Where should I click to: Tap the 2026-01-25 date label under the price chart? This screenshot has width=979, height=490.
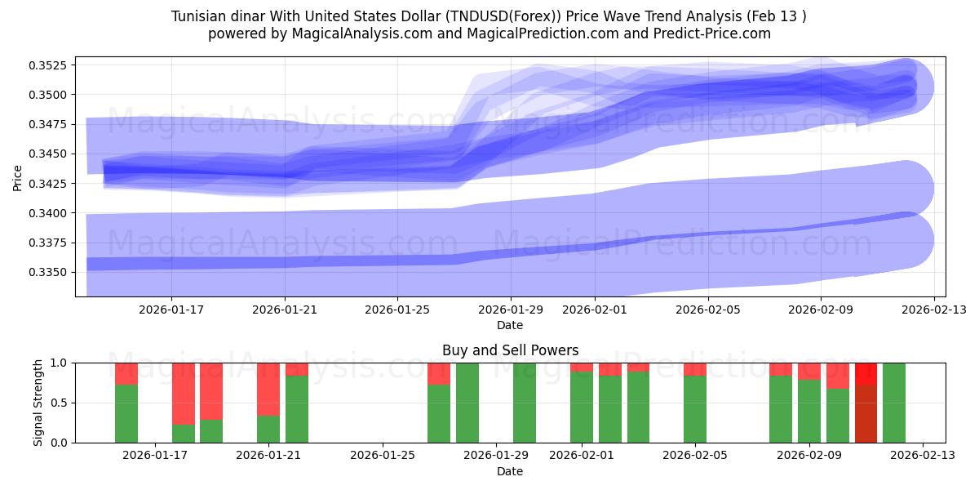[397, 310]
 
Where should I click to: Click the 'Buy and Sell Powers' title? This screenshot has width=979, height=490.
[510, 350]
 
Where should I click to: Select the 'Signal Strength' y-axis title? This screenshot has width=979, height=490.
[38, 403]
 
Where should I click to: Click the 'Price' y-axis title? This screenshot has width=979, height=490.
[18, 177]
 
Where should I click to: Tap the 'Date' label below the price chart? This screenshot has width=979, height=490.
[510, 325]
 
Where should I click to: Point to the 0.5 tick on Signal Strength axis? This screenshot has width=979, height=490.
[59, 403]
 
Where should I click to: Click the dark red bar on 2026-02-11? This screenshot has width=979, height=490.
[866, 413]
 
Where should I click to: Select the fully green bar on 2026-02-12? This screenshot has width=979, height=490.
[894, 403]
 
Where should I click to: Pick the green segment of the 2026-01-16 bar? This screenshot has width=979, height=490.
[126, 413]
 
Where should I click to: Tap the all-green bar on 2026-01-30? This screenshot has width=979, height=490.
[525, 403]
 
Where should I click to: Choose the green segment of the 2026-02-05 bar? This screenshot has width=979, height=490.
[695, 409]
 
